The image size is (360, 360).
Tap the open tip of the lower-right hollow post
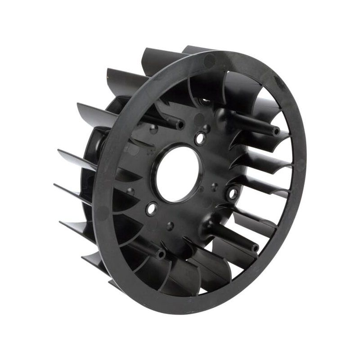pos(256,247)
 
